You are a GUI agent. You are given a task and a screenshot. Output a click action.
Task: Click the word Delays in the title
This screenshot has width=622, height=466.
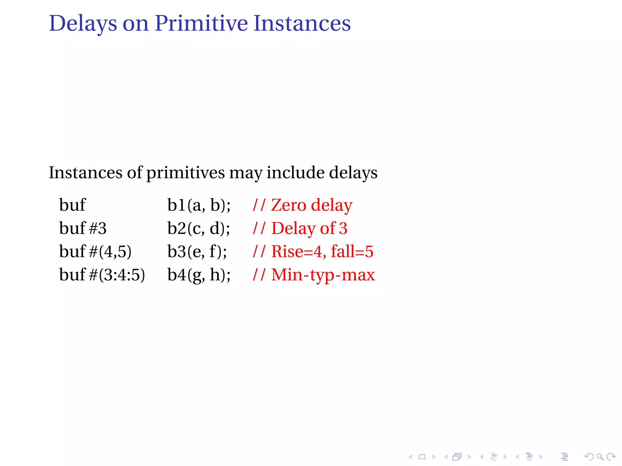point(83,24)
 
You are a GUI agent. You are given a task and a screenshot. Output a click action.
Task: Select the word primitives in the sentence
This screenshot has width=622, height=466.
point(186,173)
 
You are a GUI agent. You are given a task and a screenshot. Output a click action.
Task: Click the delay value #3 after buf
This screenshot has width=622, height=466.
point(98,228)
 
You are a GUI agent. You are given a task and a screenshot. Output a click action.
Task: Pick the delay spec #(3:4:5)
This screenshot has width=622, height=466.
point(117,275)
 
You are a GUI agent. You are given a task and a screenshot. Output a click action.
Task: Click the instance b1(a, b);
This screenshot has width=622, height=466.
point(199,205)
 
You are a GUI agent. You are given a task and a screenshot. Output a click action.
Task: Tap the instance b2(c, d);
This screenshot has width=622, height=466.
point(198,228)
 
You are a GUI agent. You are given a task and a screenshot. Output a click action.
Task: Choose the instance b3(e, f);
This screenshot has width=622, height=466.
point(197,252)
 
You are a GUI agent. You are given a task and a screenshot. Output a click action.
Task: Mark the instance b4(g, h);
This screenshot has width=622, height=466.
point(199,275)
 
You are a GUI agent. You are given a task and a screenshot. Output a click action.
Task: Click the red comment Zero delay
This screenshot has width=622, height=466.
point(311,205)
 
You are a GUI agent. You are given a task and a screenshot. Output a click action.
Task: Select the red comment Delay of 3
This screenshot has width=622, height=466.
point(309,228)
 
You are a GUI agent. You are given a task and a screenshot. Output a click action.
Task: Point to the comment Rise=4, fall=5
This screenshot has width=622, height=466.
point(322,252)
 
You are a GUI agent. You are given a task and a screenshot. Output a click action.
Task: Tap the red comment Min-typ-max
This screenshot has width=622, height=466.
point(323,275)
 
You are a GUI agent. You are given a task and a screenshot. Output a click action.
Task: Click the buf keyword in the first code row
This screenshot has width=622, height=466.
point(72,205)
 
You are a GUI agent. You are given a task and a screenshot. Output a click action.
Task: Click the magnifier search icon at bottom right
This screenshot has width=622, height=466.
point(600,457)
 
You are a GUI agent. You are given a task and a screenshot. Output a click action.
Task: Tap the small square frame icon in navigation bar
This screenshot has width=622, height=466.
point(422,457)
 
